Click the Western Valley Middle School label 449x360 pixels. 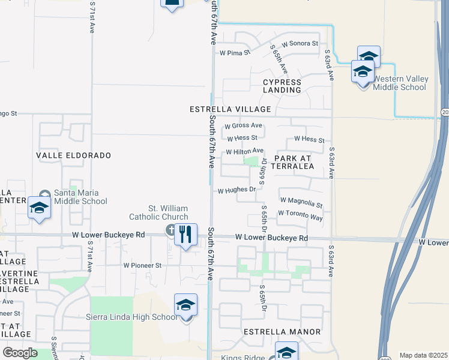[x=399, y=83]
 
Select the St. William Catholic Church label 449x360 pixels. [x=158, y=212]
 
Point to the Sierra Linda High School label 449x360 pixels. [x=131, y=317]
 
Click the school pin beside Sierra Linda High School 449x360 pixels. [x=186, y=306]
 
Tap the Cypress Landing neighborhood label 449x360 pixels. [x=282, y=86]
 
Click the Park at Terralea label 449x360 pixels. [x=294, y=162]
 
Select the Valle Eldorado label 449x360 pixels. [x=74, y=155]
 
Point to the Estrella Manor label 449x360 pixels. [x=282, y=331]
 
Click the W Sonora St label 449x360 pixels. [x=299, y=43]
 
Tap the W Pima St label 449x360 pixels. [x=234, y=53]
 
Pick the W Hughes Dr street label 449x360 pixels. [x=237, y=190]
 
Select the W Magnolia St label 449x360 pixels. [x=301, y=202]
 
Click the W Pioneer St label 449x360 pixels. [x=142, y=265]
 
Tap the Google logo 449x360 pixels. [x=19, y=352]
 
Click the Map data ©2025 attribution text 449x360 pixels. [x=423, y=355]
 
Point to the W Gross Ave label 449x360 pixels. [x=243, y=126]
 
